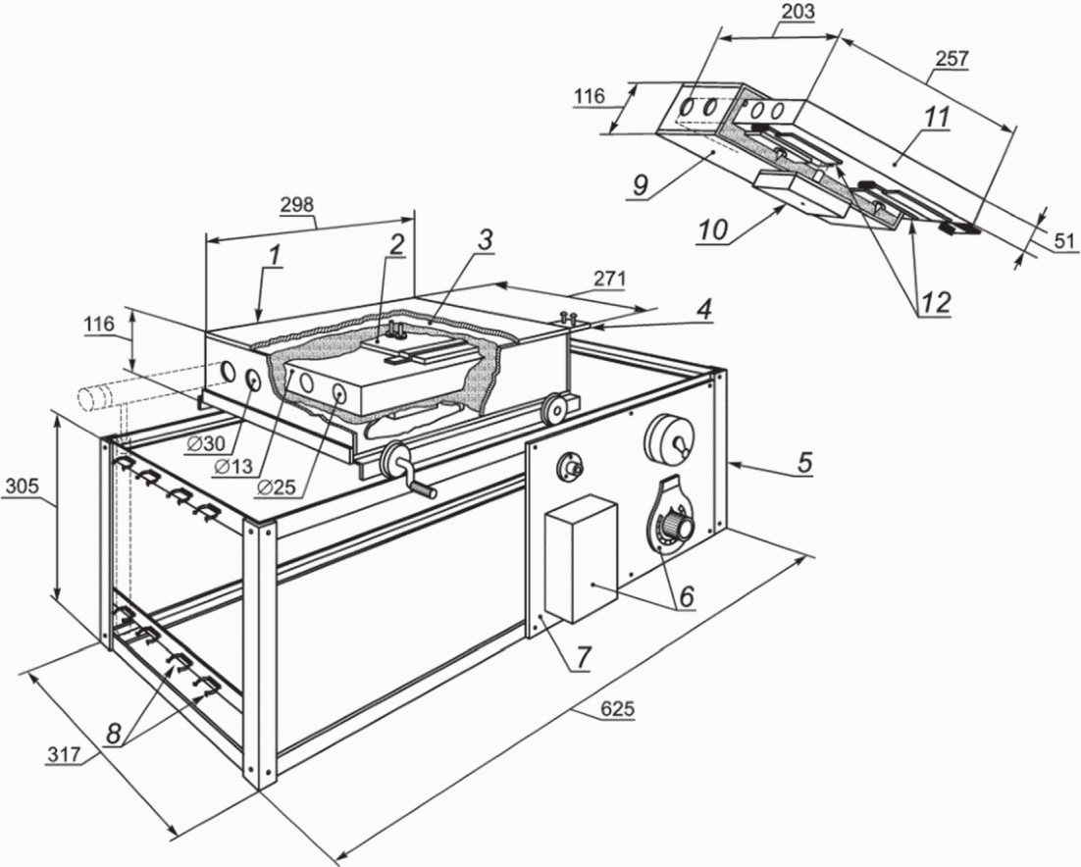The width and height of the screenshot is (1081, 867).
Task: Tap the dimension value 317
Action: point(64,754)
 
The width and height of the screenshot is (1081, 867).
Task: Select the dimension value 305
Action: point(22,486)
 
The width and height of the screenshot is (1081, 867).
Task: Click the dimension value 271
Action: point(609,279)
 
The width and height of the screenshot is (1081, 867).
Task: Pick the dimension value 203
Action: point(799,12)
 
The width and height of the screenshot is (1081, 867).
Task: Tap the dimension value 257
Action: point(952,59)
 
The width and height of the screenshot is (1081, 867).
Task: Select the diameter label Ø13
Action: point(233,467)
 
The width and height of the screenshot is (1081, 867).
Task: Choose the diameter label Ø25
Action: point(276,487)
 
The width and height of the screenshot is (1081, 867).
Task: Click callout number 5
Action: point(804,463)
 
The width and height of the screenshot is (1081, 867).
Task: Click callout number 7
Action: point(584,657)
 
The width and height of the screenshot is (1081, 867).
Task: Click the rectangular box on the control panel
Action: point(581,559)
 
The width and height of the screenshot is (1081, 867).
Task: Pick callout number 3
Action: point(485,239)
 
